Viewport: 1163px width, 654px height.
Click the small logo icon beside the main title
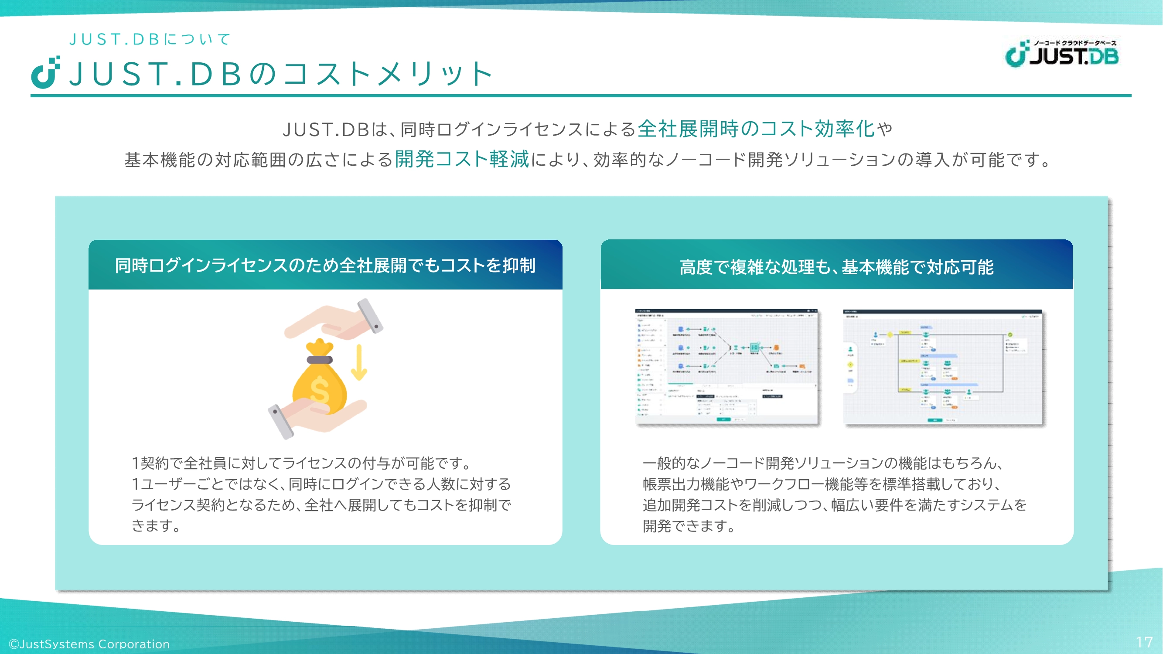[45, 73]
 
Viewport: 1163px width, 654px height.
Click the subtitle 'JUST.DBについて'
[150, 39]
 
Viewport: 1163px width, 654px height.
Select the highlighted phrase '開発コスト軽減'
[461, 159]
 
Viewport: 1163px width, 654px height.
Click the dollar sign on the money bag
[320, 389]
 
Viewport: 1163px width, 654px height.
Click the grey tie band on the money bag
[320, 360]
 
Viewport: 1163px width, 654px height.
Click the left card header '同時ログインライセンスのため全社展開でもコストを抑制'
[325, 266]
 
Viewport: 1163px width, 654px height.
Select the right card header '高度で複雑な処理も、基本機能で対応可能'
[836, 267]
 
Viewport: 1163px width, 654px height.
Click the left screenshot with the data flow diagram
[726, 367]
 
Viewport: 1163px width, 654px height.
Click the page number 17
[1144, 642]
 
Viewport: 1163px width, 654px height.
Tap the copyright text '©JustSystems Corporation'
[89, 644]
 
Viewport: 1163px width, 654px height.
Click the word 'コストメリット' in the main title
[388, 75]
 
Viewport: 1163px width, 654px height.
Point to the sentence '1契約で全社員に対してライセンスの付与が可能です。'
[302, 463]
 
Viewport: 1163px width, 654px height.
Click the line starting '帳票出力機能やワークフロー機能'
[822, 484]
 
